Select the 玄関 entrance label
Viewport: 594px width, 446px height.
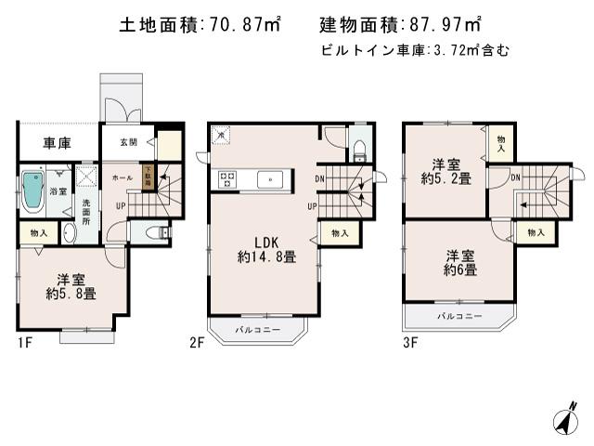[127, 142]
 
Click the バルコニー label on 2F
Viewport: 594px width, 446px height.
[256, 329]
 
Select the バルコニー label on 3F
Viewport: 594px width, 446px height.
[459, 317]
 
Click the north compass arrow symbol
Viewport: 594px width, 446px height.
[562, 420]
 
